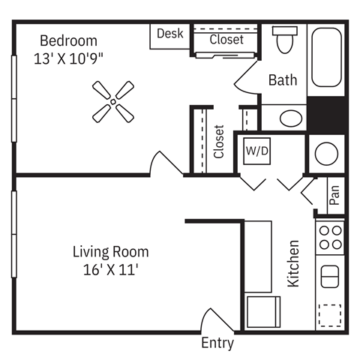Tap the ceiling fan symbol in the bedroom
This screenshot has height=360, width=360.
113,102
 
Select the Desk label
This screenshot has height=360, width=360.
169,34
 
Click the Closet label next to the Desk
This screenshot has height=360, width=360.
226,39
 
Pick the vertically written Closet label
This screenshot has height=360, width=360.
219,141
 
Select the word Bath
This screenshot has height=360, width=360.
283,79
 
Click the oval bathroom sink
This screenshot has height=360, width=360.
290,118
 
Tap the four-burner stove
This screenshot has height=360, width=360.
331,237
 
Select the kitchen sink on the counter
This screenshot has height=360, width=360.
331,276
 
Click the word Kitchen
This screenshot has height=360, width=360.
294,263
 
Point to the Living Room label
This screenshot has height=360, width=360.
110,252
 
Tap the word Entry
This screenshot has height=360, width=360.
217,344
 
